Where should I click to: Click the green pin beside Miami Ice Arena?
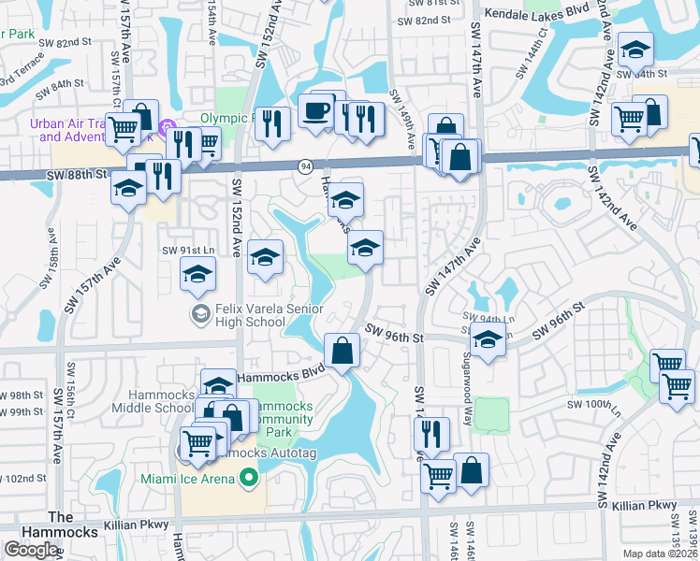tap(248, 480)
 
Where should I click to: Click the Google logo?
tap(30, 550)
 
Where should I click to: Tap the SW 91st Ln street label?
tap(188, 250)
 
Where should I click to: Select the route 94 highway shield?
tap(306, 165)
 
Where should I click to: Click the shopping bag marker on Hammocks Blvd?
tap(343, 352)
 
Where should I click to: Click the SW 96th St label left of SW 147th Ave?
tap(395, 333)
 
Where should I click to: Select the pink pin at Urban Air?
tap(168, 127)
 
